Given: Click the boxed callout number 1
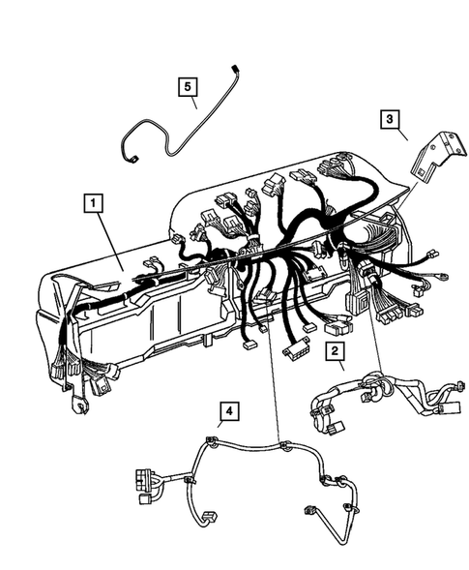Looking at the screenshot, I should [x=94, y=202].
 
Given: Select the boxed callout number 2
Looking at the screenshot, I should [x=336, y=352].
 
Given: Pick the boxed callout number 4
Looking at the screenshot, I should [x=227, y=412].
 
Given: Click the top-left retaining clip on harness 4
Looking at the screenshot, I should [x=209, y=444].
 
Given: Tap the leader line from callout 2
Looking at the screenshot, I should [x=343, y=371].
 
